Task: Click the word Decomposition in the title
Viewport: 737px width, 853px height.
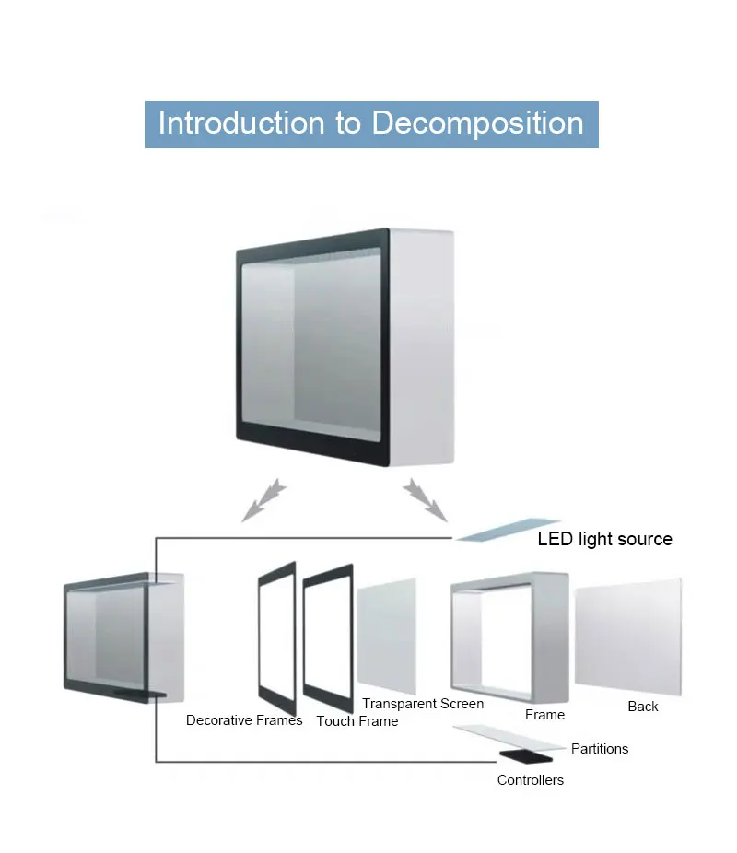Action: point(477,123)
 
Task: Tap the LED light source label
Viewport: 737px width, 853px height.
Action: point(604,539)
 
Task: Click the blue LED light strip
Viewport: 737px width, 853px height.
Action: point(508,529)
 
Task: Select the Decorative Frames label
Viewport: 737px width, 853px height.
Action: point(244,720)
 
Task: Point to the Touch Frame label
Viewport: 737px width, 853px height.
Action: point(357,721)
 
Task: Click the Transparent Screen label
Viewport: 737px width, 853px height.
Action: point(423,704)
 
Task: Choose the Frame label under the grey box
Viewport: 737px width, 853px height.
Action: point(544,715)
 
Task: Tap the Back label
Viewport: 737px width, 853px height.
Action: point(643,707)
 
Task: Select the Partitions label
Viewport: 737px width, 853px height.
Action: point(600,749)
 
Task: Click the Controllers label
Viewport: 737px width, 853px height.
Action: point(531,780)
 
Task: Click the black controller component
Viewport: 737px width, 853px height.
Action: point(527,757)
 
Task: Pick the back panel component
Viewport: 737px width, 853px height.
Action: point(628,637)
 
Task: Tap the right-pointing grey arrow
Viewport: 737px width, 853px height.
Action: point(425,498)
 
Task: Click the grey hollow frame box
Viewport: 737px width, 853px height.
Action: point(509,637)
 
